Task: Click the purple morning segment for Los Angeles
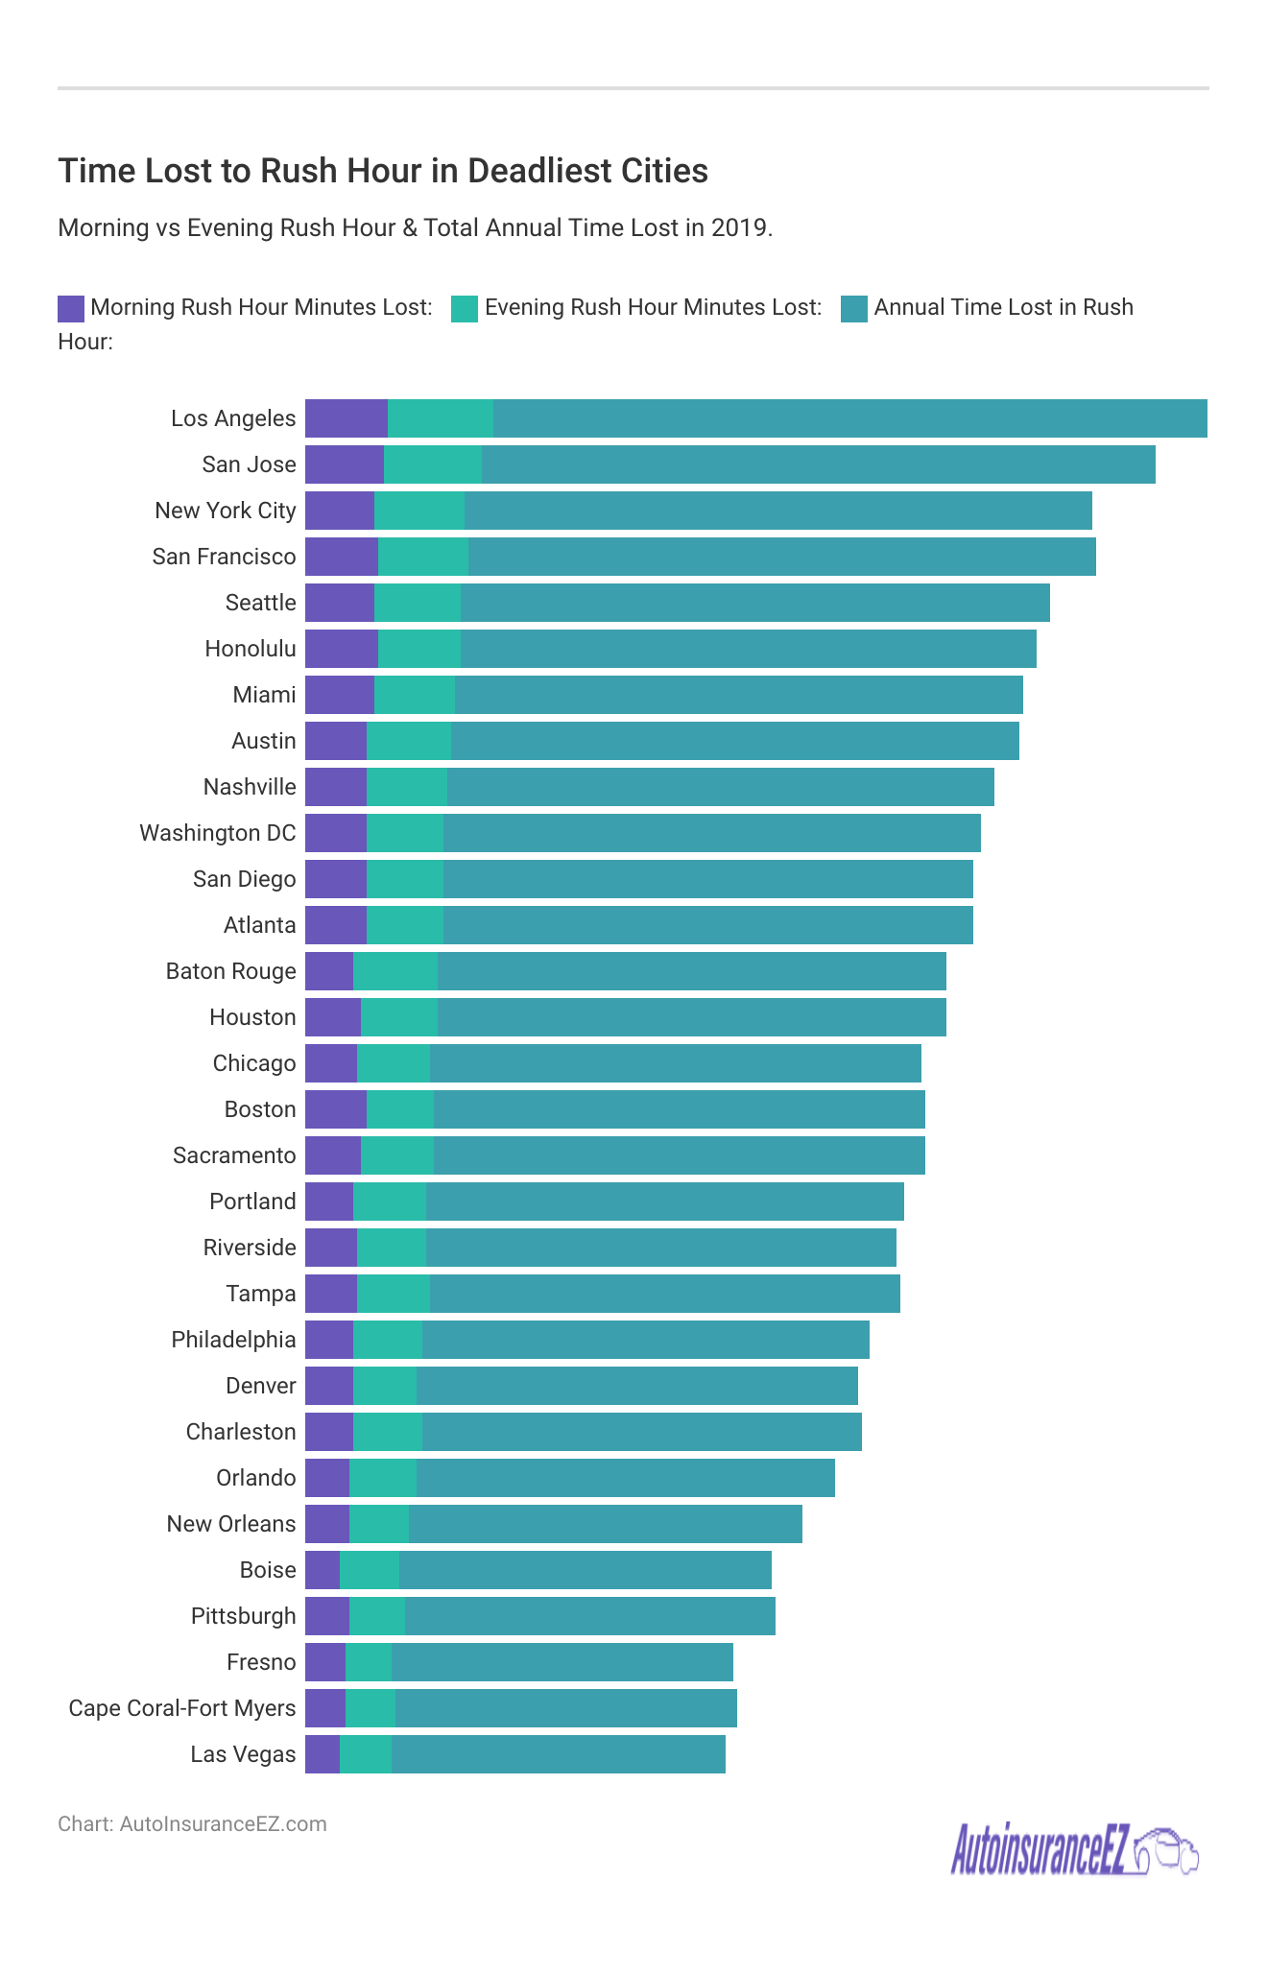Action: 347,418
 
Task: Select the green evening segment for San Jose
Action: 433,464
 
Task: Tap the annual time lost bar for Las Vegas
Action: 558,1754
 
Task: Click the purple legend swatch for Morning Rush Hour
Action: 71,308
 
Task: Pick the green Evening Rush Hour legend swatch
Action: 465,308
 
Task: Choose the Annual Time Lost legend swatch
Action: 854,308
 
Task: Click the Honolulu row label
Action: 251,649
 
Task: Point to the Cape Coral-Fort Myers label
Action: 182,1708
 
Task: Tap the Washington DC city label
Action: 218,833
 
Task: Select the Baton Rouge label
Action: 231,971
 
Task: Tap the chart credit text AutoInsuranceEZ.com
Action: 223,1824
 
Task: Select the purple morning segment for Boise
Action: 323,1570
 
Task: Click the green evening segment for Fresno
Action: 369,1662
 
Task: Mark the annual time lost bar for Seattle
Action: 754,603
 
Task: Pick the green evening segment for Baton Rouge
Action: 395,971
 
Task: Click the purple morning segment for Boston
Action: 336,1109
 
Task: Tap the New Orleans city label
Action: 231,1524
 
